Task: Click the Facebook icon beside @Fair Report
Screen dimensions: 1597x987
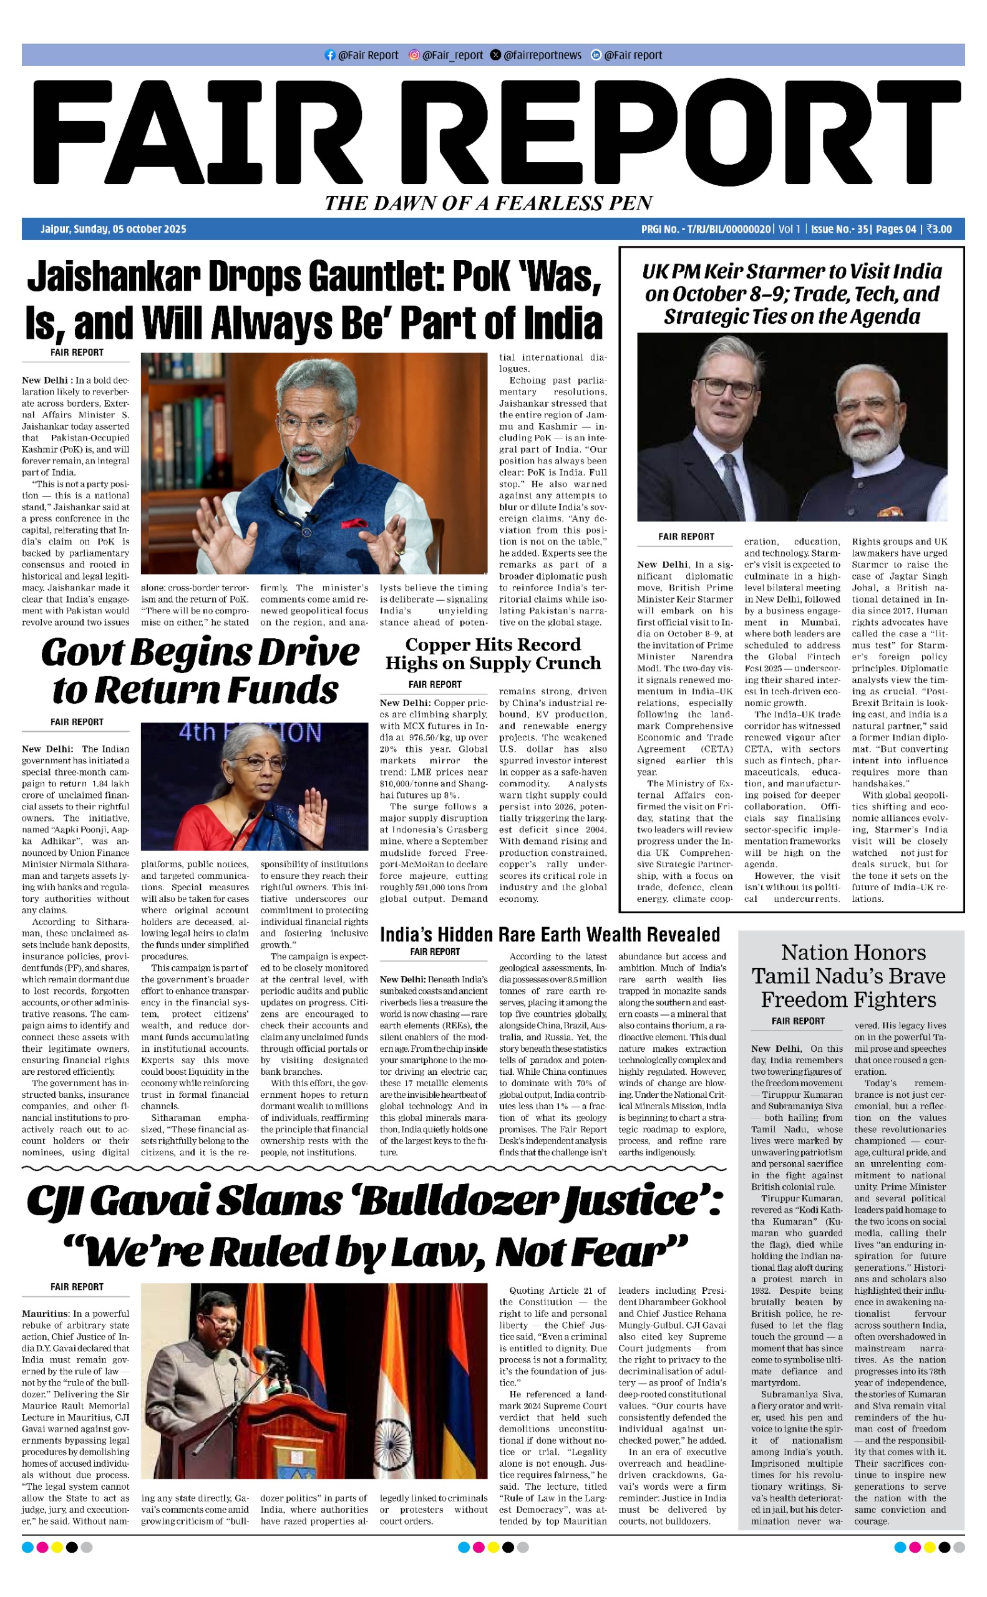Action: point(329,56)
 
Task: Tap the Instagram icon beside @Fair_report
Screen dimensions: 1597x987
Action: point(413,56)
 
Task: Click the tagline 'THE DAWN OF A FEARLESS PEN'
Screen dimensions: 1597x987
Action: point(489,203)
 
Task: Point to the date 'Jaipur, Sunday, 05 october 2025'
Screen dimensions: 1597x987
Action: point(113,229)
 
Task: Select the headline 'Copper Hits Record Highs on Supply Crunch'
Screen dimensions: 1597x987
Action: point(493,653)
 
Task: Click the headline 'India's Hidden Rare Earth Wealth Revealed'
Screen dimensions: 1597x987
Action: point(550,934)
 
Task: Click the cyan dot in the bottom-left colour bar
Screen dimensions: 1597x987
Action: point(27,1546)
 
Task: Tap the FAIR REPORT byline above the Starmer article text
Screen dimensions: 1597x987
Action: point(686,536)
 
